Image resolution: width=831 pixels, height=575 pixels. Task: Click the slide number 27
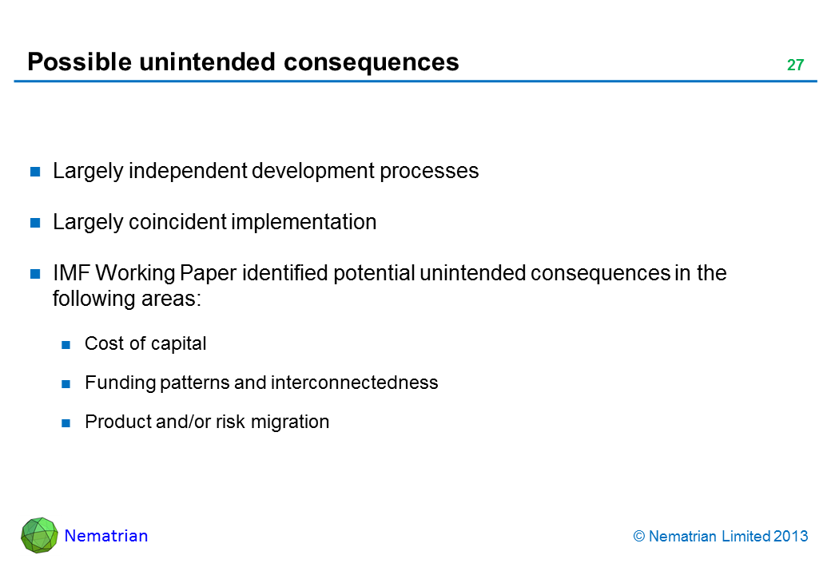[x=796, y=65]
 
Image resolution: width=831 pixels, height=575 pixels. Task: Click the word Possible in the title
[x=79, y=62]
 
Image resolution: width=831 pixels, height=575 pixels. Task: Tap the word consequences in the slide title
[x=372, y=62]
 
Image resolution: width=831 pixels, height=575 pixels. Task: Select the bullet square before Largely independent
[x=35, y=171]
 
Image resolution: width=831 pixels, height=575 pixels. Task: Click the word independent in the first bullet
[x=188, y=170]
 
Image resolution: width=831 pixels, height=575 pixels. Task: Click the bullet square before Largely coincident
[x=35, y=222]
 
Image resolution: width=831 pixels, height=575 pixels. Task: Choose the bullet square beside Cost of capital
[x=66, y=345]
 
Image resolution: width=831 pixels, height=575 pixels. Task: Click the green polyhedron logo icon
[x=39, y=535]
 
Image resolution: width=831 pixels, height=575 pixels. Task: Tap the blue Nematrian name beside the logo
[x=106, y=536]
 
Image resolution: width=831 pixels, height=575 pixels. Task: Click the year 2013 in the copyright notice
[x=791, y=537]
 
